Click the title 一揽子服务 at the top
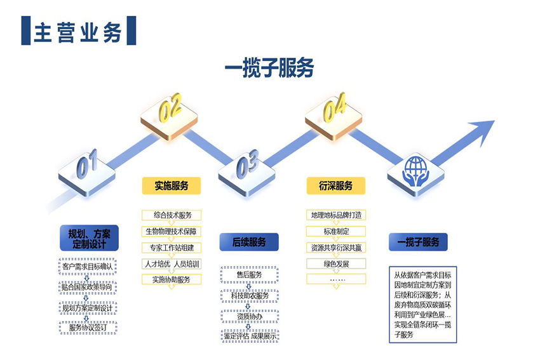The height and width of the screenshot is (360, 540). [269, 69]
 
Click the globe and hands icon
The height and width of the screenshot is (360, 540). [416, 168]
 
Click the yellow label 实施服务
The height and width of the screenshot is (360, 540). [171, 185]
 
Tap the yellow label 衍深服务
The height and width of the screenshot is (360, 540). [335, 185]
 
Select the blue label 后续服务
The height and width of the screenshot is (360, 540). [249, 241]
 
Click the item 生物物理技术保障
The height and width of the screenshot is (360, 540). [171, 231]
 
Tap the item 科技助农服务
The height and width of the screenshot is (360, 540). [249, 295]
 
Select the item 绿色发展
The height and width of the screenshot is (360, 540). [336, 263]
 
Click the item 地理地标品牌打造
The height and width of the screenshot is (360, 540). [336, 215]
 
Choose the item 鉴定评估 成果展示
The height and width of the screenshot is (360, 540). [249, 336]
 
